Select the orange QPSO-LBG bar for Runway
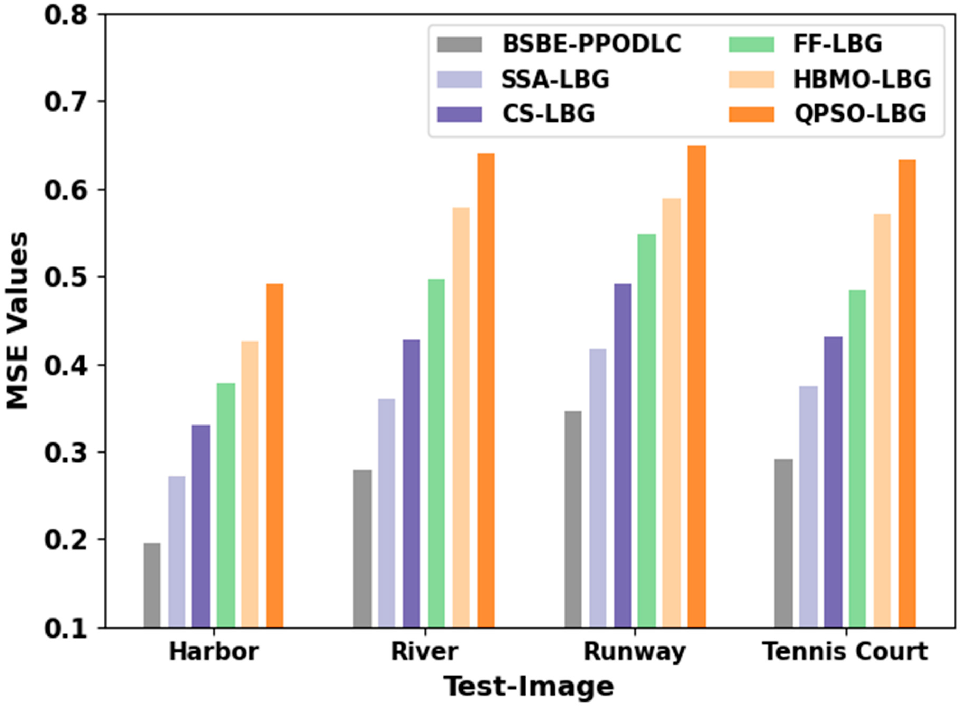click(x=696, y=387)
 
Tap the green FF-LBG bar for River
click(x=436, y=453)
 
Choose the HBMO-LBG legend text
click(x=862, y=80)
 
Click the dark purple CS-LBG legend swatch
click(x=459, y=114)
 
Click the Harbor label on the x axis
click(x=214, y=652)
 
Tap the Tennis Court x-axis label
click(x=845, y=652)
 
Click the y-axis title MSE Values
click(x=17, y=321)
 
